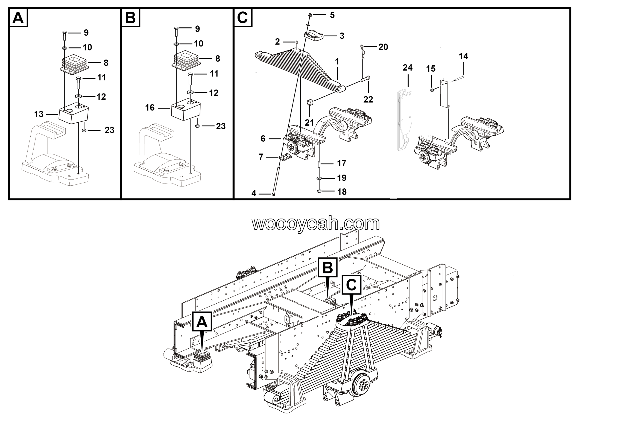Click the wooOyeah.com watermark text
point(316,223)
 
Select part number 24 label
point(407,68)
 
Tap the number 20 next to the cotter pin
point(383,47)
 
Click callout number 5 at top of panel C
point(332,15)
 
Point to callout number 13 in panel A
point(39,114)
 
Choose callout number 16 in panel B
point(150,108)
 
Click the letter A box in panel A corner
point(19,18)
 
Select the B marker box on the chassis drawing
point(328,267)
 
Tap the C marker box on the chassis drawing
point(351,285)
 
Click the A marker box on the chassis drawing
point(202,321)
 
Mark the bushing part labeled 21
point(311,103)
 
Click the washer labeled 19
point(319,179)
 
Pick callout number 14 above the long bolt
point(463,56)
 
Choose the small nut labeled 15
point(432,90)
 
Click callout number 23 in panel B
point(221,126)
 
